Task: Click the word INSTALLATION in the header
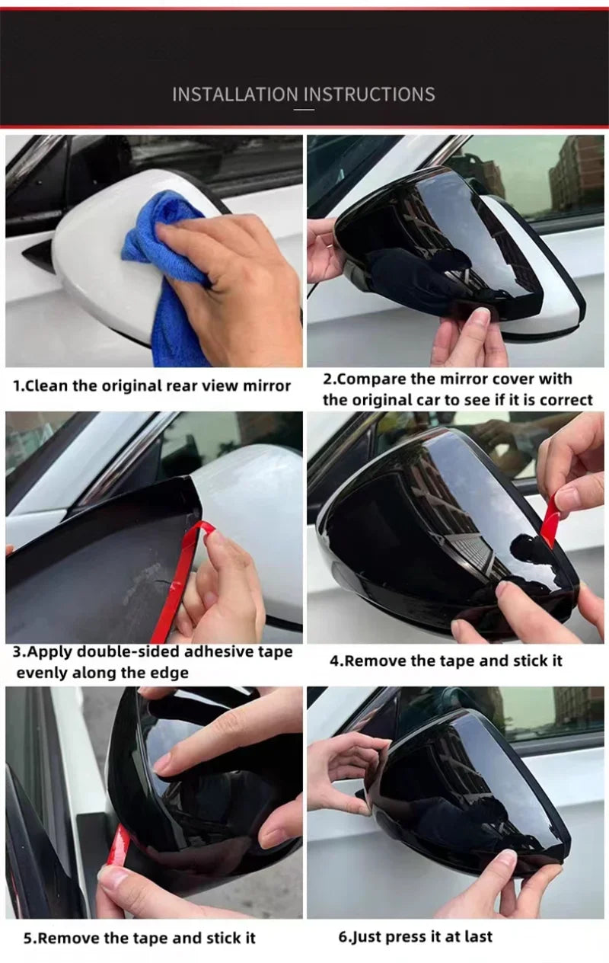click(235, 94)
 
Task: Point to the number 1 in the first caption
click(17, 386)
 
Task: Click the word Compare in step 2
click(370, 379)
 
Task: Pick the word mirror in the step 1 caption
click(267, 386)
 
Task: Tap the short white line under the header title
click(304, 110)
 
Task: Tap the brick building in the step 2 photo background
click(576, 172)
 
